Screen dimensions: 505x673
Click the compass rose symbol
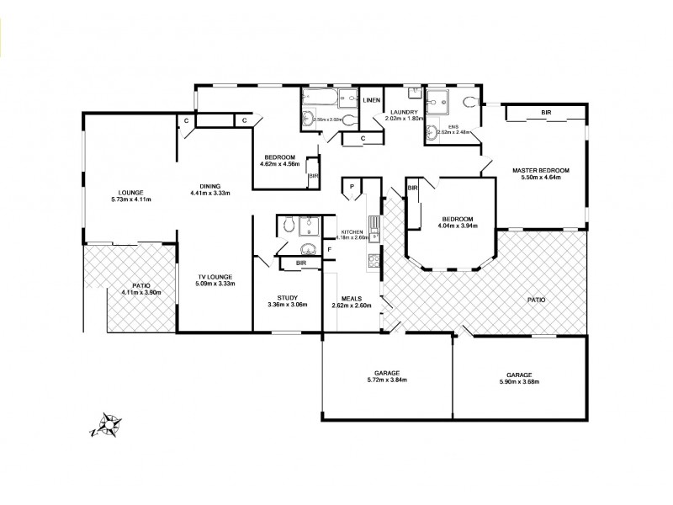click(108, 424)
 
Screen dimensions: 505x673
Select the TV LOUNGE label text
click(215, 277)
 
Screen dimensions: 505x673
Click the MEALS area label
click(352, 296)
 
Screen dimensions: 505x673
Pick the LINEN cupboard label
click(372, 101)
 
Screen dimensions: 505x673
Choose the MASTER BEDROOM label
click(541, 171)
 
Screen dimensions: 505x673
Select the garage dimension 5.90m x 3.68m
click(518, 381)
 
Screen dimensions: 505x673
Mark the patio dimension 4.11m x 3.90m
click(140, 292)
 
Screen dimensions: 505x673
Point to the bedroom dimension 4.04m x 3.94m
click(457, 225)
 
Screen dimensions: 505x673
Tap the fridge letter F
click(330, 250)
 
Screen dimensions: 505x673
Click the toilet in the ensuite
click(469, 102)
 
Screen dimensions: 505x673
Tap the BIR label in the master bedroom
click(546, 112)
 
